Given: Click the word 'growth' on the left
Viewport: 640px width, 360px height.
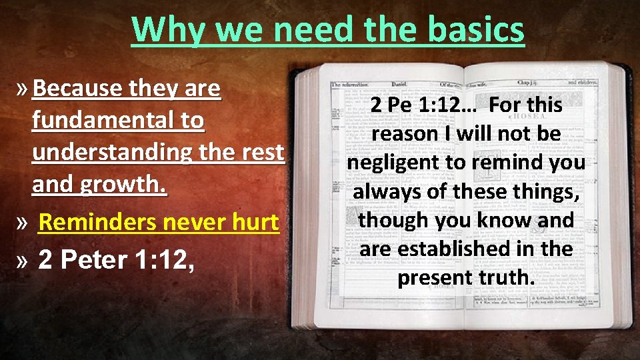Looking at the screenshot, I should coord(127,184).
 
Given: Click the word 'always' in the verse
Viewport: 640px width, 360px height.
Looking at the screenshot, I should coord(386,191).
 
